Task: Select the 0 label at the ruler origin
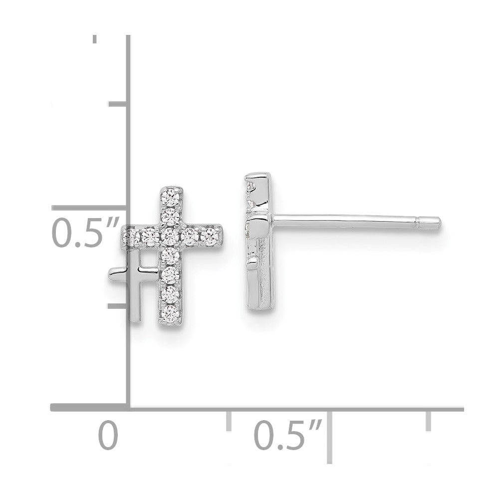(108, 435)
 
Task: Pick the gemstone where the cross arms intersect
(171, 235)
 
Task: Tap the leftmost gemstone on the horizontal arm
(131, 236)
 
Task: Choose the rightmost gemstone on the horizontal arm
(211, 236)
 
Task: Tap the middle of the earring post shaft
(349, 219)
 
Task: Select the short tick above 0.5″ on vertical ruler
(118, 104)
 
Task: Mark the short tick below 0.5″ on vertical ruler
(118, 305)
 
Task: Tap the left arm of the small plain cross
(117, 272)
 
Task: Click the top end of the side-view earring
(258, 176)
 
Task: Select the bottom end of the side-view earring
(259, 305)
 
